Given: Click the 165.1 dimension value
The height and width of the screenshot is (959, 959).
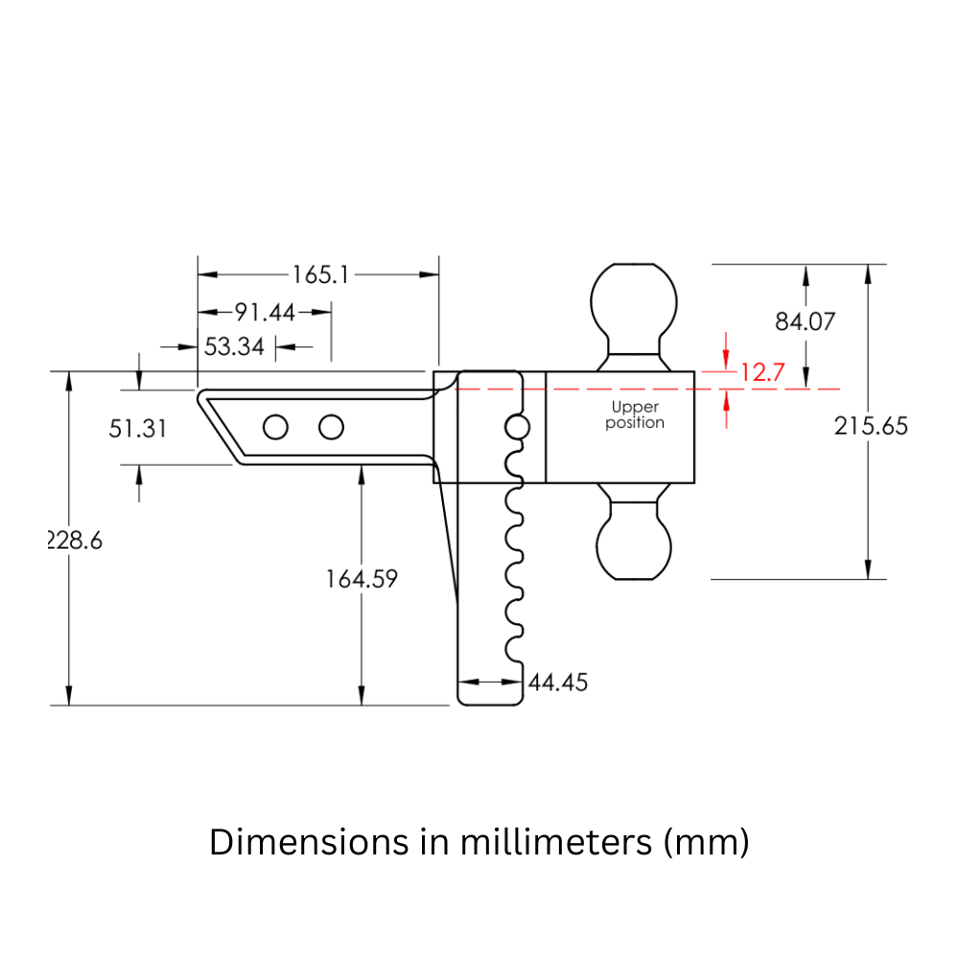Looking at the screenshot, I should point(320,275).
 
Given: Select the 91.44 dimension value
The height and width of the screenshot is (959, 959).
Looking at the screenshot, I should point(266,312).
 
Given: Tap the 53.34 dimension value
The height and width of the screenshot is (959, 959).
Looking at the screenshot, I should point(234,346).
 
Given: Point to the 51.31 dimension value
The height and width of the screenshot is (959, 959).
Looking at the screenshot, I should point(137,428).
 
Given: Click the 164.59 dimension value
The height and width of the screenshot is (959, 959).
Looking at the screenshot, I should point(361,579).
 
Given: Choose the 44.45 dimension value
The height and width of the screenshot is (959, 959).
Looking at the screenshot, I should point(558,682).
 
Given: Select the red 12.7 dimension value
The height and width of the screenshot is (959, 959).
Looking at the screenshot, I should point(763,373).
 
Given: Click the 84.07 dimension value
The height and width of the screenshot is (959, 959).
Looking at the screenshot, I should point(806,321).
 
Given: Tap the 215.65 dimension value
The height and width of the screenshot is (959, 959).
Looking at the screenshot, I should point(870,426).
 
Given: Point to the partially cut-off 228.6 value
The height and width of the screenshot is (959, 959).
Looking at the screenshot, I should point(76,540).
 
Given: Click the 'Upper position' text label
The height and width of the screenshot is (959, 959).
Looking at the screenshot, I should point(635,415).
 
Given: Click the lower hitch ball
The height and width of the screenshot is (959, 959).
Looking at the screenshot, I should point(634,542).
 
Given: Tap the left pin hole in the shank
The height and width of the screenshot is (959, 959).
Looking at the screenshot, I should point(275,428).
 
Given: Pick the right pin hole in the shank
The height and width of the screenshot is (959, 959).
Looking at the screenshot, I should point(331,428).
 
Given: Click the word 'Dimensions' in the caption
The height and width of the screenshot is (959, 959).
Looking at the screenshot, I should point(299,842).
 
